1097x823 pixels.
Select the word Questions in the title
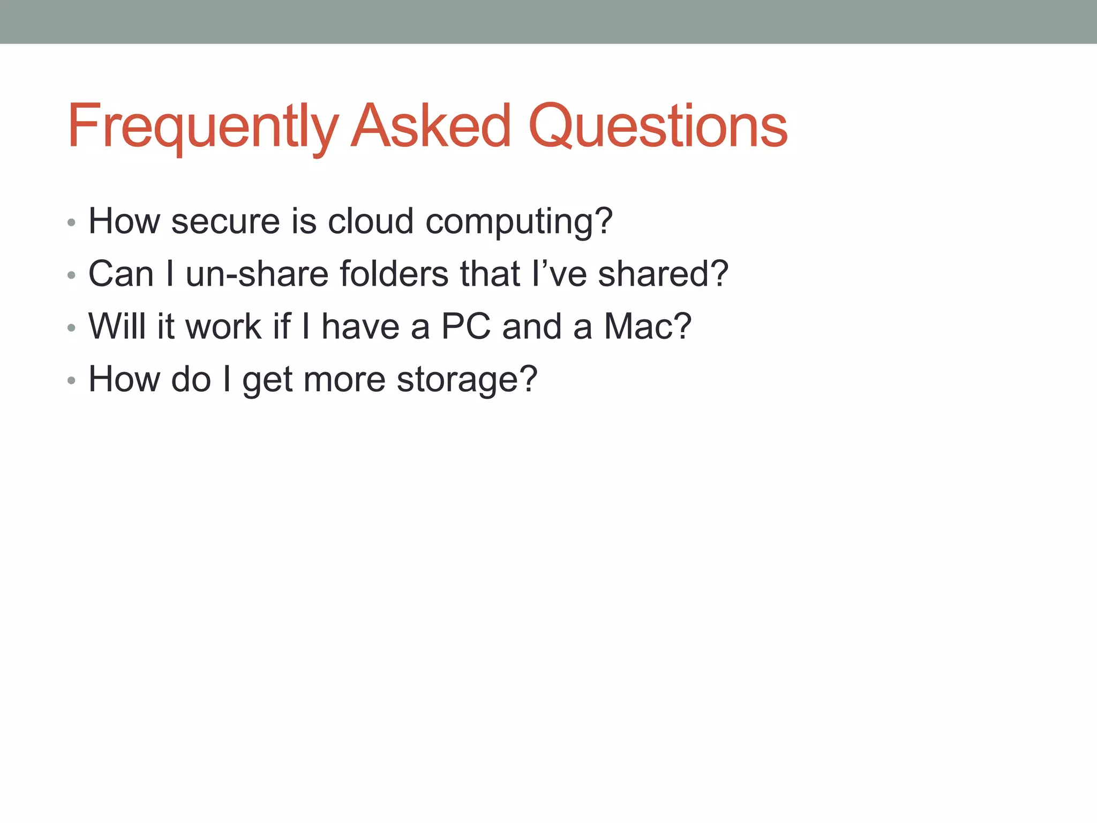[x=658, y=126]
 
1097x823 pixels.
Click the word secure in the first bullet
[x=226, y=221]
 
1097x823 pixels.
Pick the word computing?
[x=519, y=222]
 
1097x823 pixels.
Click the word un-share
[x=257, y=273]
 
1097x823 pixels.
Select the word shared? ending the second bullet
[x=663, y=273]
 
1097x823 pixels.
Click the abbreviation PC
[x=465, y=326]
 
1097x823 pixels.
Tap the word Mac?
[x=648, y=326]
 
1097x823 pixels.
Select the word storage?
[x=467, y=379]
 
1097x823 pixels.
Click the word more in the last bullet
[x=344, y=379]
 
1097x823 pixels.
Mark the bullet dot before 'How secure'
[x=71, y=222]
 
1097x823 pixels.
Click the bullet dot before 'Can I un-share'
[x=71, y=275]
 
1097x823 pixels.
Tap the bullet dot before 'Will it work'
[x=71, y=328]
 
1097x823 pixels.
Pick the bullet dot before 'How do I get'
[x=71, y=381]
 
